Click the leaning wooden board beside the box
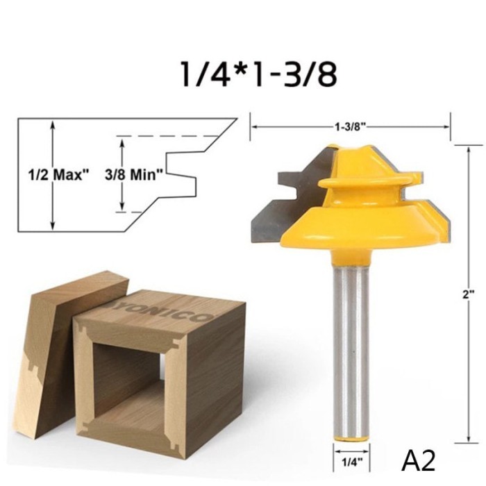point(56,347)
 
